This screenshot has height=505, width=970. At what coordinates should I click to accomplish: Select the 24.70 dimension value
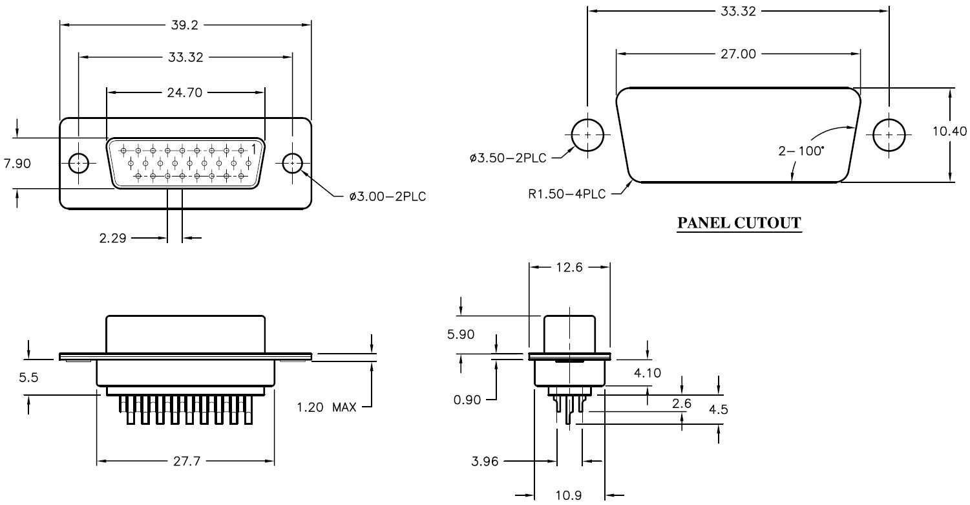click(x=185, y=92)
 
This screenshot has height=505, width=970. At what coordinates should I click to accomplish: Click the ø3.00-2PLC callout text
click(x=388, y=196)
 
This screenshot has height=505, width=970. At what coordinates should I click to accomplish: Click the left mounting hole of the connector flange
click(x=79, y=164)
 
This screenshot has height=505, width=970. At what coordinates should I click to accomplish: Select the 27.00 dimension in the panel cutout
click(x=739, y=54)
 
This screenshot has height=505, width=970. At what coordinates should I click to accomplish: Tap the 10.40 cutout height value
click(x=949, y=132)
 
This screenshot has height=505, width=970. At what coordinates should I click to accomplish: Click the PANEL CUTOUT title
click(x=739, y=224)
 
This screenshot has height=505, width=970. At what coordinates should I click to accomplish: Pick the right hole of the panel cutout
click(x=889, y=135)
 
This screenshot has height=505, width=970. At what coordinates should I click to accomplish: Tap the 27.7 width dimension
click(x=185, y=462)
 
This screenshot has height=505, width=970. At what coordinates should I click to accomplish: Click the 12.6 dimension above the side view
click(x=569, y=268)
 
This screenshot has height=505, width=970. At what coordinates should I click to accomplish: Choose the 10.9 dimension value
click(x=569, y=497)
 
